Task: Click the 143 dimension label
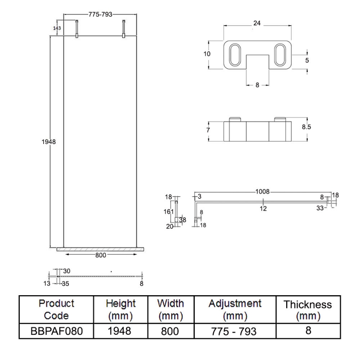(57, 28)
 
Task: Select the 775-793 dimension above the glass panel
(100, 15)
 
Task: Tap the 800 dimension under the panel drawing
(100, 255)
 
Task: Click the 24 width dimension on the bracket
(257, 23)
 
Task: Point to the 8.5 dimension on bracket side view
(306, 127)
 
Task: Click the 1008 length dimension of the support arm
(262, 192)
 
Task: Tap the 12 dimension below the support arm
(263, 208)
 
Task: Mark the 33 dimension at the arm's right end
(320, 208)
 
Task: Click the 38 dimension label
(183, 220)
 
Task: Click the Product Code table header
(56, 309)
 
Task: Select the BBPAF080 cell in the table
(56, 332)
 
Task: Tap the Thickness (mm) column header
(308, 310)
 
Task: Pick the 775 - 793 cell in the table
(235, 332)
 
